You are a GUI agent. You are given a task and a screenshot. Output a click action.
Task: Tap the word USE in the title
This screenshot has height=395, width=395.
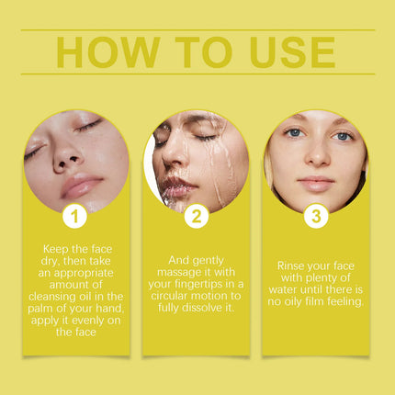293,52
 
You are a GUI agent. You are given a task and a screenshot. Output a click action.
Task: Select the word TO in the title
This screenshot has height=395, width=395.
204,52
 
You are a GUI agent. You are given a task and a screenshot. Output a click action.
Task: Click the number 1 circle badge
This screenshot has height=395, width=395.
74,216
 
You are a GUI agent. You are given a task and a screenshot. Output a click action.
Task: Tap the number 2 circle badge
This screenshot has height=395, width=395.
197,216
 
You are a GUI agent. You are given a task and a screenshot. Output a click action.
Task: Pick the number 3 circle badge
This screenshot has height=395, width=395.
316,216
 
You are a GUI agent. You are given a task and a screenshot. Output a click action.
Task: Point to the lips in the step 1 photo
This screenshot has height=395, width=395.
81,185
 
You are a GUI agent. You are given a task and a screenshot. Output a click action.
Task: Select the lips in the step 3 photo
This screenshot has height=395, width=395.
316,183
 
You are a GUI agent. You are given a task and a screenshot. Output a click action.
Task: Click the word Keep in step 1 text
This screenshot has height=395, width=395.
55,249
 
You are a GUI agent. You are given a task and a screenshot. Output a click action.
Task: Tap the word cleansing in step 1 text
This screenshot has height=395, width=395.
51,297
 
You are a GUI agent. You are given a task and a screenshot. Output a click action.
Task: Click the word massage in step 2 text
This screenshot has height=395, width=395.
179,273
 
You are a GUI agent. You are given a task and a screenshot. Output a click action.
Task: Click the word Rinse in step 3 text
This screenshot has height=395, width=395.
289,265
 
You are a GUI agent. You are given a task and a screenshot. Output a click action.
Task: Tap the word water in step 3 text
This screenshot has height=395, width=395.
283,289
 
